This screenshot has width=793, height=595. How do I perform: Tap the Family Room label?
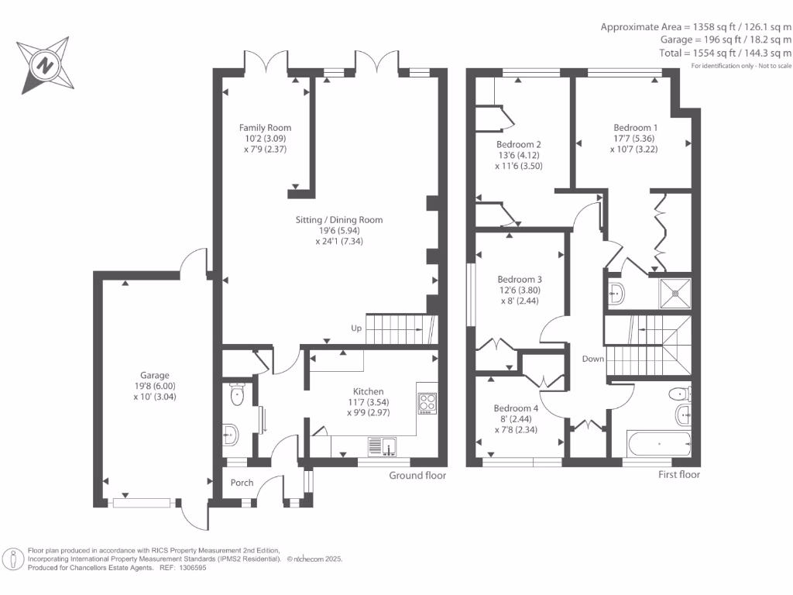(265, 128)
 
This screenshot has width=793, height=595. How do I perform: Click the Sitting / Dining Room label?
(339, 220)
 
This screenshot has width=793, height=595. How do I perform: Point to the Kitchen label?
(368, 391)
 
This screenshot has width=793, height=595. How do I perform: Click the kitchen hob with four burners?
(427, 401)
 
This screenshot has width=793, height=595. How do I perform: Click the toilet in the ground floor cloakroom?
(237, 396)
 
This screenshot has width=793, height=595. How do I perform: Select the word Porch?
(242, 483)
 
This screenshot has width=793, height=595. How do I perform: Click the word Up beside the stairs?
(356, 328)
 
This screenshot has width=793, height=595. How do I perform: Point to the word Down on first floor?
(593, 359)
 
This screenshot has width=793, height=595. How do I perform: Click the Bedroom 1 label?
(636, 128)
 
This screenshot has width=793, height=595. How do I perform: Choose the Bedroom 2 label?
(518, 144)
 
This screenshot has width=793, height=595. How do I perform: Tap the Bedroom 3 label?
(519, 279)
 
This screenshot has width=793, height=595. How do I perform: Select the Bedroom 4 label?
(516, 408)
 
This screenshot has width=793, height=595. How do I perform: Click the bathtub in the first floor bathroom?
(658, 445)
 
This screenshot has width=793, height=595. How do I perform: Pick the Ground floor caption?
(417, 475)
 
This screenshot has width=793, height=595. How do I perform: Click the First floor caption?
(678, 474)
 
